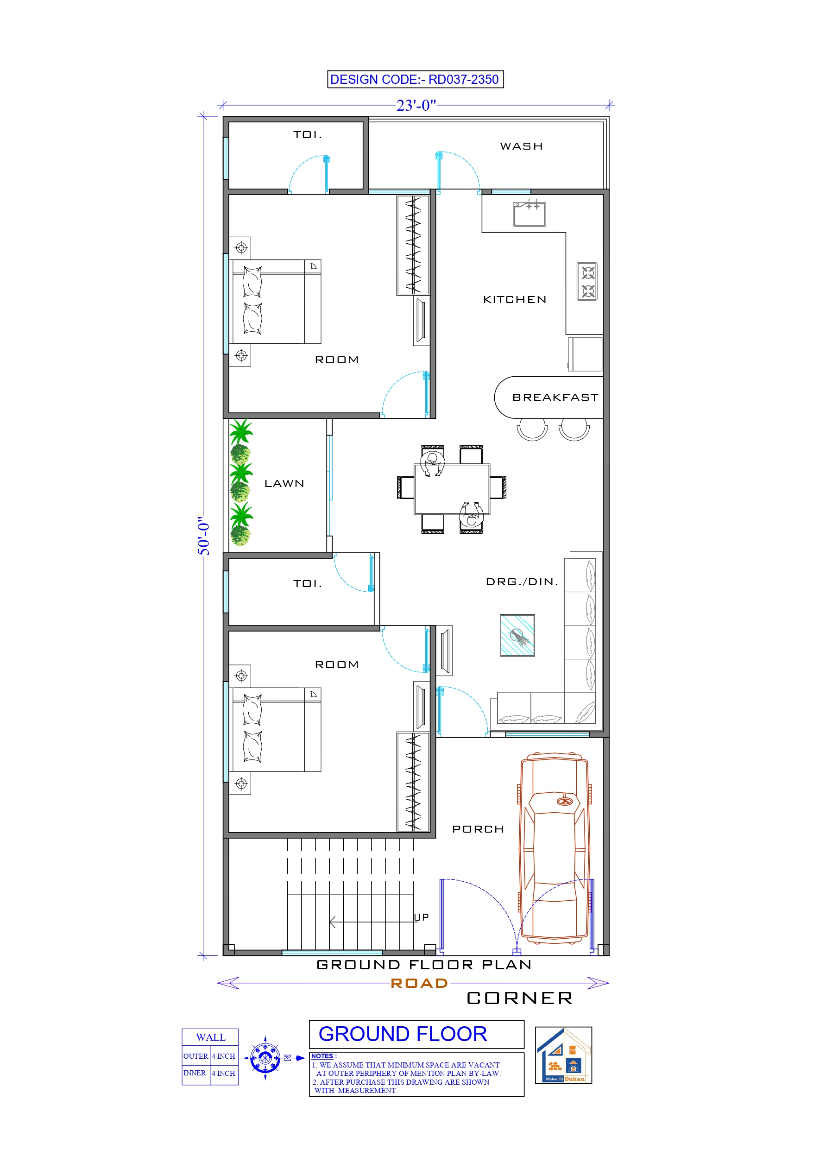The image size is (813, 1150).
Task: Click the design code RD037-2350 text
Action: pos(415,79)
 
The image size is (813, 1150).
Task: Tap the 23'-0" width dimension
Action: pos(416,106)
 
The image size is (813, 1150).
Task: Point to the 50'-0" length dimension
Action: pos(203,536)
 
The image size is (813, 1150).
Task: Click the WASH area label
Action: pos(521,146)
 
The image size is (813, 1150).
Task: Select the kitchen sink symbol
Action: pos(529,214)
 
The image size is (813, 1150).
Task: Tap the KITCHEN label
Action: pos(515,299)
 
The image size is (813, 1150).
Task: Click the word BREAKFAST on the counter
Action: pos(555,397)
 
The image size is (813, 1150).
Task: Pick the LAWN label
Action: pos(284,483)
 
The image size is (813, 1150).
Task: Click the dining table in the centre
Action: pos(451,489)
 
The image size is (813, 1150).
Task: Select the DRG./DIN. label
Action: pos(522,581)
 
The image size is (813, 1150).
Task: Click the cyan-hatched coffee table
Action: pos(517,635)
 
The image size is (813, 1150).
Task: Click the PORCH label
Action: pos(478,829)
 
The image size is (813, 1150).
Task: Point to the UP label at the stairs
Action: pos(421,917)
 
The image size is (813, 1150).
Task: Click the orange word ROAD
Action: pos(419,983)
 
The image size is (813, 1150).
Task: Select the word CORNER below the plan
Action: pos(519,998)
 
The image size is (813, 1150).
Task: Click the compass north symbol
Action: pos(265,1058)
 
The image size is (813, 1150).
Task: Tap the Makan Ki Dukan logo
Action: pos(563,1055)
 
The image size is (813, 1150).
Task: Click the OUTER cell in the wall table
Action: pos(195,1056)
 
